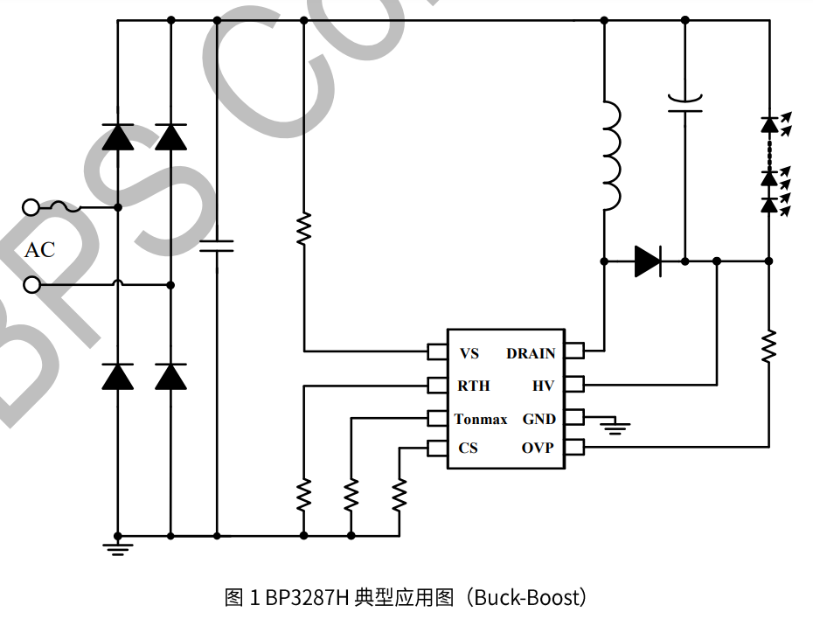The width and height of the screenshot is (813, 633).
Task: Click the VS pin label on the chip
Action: pyautogui.click(x=469, y=354)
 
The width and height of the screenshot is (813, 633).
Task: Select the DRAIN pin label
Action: pyautogui.click(x=531, y=354)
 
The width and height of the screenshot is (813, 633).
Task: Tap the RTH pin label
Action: pyautogui.click(x=473, y=386)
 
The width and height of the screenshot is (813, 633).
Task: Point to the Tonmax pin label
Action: pyautogui.click(x=481, y=420)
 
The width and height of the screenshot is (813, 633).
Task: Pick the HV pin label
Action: pyautogui.click(x=543, y=386)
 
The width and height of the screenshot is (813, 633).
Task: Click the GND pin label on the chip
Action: pyautogui.click(x=539, y=420)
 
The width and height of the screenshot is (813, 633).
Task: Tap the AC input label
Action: pyautogui.click(x=39, y=250)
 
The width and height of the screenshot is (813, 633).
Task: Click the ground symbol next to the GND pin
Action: pyautogui.click(x=617, y=427)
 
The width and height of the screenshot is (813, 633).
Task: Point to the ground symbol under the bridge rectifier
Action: pyautogui.click(x=118, y=547)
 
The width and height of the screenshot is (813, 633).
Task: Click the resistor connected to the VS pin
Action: pyautogui.click(x=303, y=229)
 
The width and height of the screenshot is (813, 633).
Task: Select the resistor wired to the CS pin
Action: pyautogui.click(x=399, y=496)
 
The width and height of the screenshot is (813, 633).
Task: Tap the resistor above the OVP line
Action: pyautogui.click(x=768, y=345)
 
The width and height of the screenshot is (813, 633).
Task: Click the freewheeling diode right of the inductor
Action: pyautogui.click(x=647, y=261)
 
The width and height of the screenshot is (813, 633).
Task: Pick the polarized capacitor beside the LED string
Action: pyautogui.click(x=684, y=104)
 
